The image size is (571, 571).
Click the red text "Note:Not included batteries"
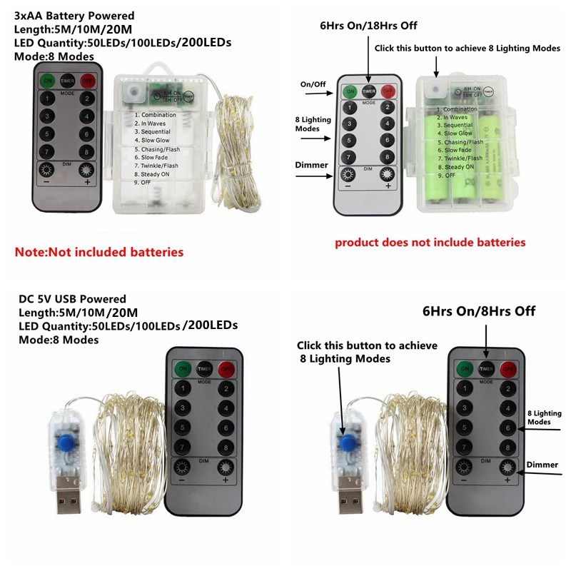pos(99,252)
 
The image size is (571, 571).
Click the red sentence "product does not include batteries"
pos(430,243)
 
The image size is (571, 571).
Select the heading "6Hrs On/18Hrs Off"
pos(368,26)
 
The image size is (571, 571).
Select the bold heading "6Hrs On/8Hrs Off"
pos(478,311)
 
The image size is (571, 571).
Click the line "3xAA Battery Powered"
pos(74,16)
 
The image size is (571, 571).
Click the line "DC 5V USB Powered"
pos(72,299)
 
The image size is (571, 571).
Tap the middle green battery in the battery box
pos(460,153)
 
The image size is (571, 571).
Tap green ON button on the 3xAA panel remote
pos(48,80)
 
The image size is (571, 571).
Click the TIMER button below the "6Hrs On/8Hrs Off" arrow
pos(486,369)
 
